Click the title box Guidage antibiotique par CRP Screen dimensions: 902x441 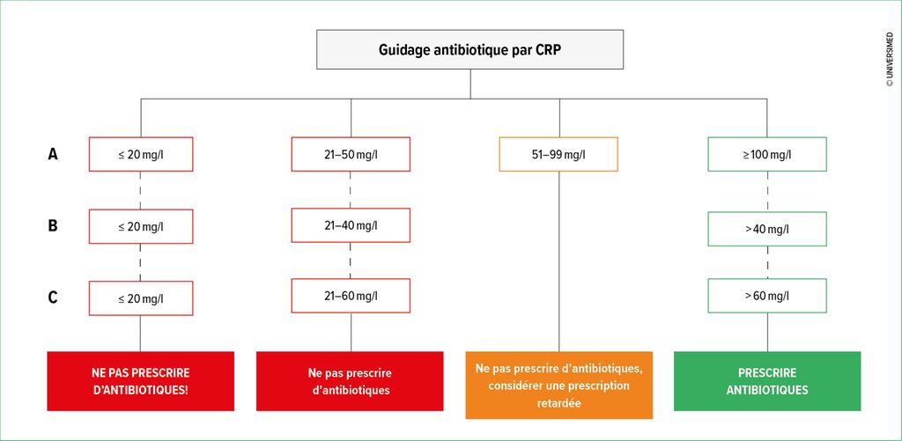click(x=470, y=49)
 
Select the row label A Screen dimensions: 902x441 click(x=53, y=154)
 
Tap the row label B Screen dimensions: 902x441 click(x=53, y=226)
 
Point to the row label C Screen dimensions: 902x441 click(x=53, y=298)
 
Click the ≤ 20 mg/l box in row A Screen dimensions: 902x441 click(x=141, y=154)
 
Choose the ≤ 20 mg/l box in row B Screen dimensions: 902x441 click(x=141, y=226)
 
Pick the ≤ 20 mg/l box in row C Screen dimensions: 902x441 click(x=141, y=298)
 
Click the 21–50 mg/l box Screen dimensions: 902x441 click(x=351, y=154)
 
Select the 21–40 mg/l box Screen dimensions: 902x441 click(x=351, y=224)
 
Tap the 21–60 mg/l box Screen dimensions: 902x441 click(x=351, y=296)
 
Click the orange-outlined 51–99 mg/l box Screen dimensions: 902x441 click(x=559, y=154)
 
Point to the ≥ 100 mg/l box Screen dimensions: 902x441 click(x=767, y=154)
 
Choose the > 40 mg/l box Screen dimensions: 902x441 click(x=767, y=229)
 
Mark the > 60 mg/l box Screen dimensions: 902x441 click(x=767, y=296)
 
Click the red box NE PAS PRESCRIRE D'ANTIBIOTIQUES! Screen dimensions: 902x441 click(x=140, y=381)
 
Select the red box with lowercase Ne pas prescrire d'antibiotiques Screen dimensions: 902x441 click(x=350, y=381)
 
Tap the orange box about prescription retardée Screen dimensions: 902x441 click(x=559, y=386)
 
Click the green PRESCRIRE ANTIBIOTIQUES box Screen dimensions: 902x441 click(x=767, y=381)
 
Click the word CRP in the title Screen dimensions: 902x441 click(x=548, y=49)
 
